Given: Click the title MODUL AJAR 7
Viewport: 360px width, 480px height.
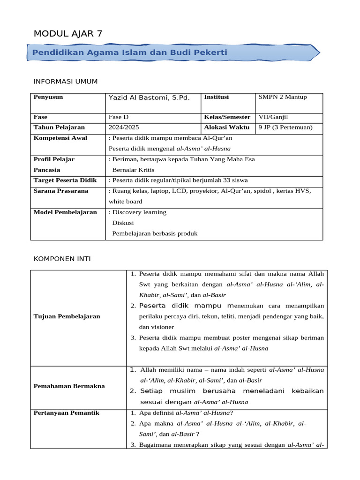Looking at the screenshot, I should [x=68, y=33].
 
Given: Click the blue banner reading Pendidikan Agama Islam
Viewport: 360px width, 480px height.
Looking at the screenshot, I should [x=130, y=52].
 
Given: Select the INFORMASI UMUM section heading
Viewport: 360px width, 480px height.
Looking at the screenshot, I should [x=66, y=82].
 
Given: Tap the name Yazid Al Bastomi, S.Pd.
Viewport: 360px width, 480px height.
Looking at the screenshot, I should [x=149, y=97].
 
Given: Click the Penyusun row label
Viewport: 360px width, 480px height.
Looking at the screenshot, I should [x=48, y=97].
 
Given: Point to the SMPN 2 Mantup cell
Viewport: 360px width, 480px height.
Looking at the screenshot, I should [x=283, y=97].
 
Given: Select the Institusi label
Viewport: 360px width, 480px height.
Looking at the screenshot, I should [x=217, y=97].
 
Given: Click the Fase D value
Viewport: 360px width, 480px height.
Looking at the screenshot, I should [x=120, y=117].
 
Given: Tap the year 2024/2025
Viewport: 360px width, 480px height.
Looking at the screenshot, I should [x=124, y=127].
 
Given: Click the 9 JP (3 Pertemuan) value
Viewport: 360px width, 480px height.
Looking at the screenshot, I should [x=285, y=127].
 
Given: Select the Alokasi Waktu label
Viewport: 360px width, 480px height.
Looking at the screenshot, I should [x=226, y=127].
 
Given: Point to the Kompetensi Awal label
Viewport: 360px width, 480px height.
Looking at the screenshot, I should [x=60, y=138].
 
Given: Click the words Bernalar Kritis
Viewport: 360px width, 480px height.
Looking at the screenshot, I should [x=133, y=170].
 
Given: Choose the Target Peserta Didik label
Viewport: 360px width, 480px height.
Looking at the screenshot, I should [x=65, y=180].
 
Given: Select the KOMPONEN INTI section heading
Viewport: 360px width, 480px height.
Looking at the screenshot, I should [x=62, y=258].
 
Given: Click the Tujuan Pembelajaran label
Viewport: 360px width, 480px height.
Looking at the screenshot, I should [x=67, y=316].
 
